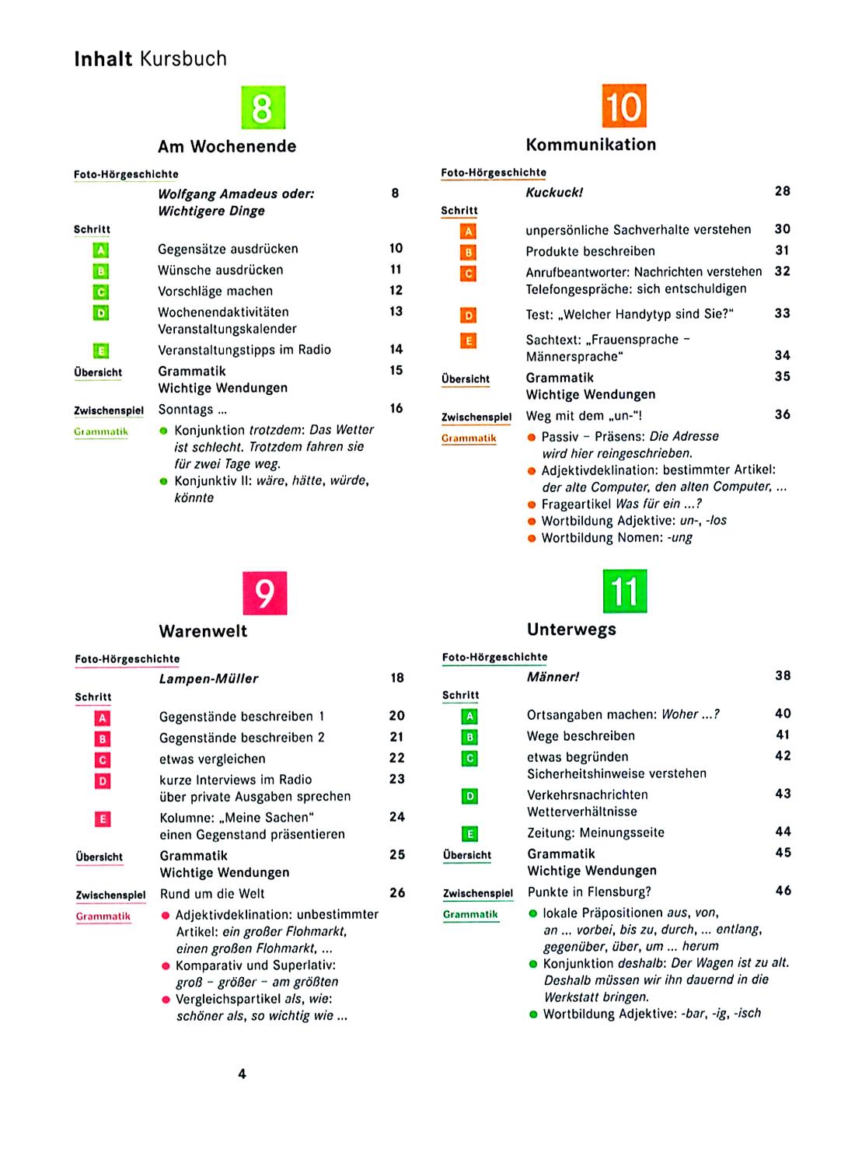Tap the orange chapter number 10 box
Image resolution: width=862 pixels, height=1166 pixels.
(624, 106)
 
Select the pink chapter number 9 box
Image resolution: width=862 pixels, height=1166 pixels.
(265, 593)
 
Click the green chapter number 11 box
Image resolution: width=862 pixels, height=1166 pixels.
(625, 592)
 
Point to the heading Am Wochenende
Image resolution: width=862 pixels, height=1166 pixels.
(227, 146)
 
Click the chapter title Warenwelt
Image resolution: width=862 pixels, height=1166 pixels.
(203, 631)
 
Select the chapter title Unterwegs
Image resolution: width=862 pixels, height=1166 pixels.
(571, 630)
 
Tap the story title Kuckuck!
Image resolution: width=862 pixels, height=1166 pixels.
(554, 192)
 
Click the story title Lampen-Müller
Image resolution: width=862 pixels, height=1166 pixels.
(208, 679)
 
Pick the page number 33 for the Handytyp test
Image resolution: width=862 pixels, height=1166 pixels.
(782, 313)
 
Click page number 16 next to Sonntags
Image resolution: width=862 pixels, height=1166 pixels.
(396, 408)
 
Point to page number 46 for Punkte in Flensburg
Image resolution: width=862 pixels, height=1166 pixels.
(783, 891)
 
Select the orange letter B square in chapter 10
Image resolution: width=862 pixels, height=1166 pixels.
(469, 252)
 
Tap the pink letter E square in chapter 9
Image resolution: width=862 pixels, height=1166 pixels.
(103, 819)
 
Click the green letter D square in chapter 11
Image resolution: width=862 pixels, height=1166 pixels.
(469, 796)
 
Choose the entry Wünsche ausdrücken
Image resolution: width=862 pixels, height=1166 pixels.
(221, 270)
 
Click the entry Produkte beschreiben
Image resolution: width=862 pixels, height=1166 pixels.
(590, 251)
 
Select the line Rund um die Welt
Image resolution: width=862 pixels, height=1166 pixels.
(212, 894)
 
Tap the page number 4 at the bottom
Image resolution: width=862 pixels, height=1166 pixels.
(242, 1073)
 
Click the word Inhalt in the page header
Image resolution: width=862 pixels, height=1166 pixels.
(103, 59)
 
